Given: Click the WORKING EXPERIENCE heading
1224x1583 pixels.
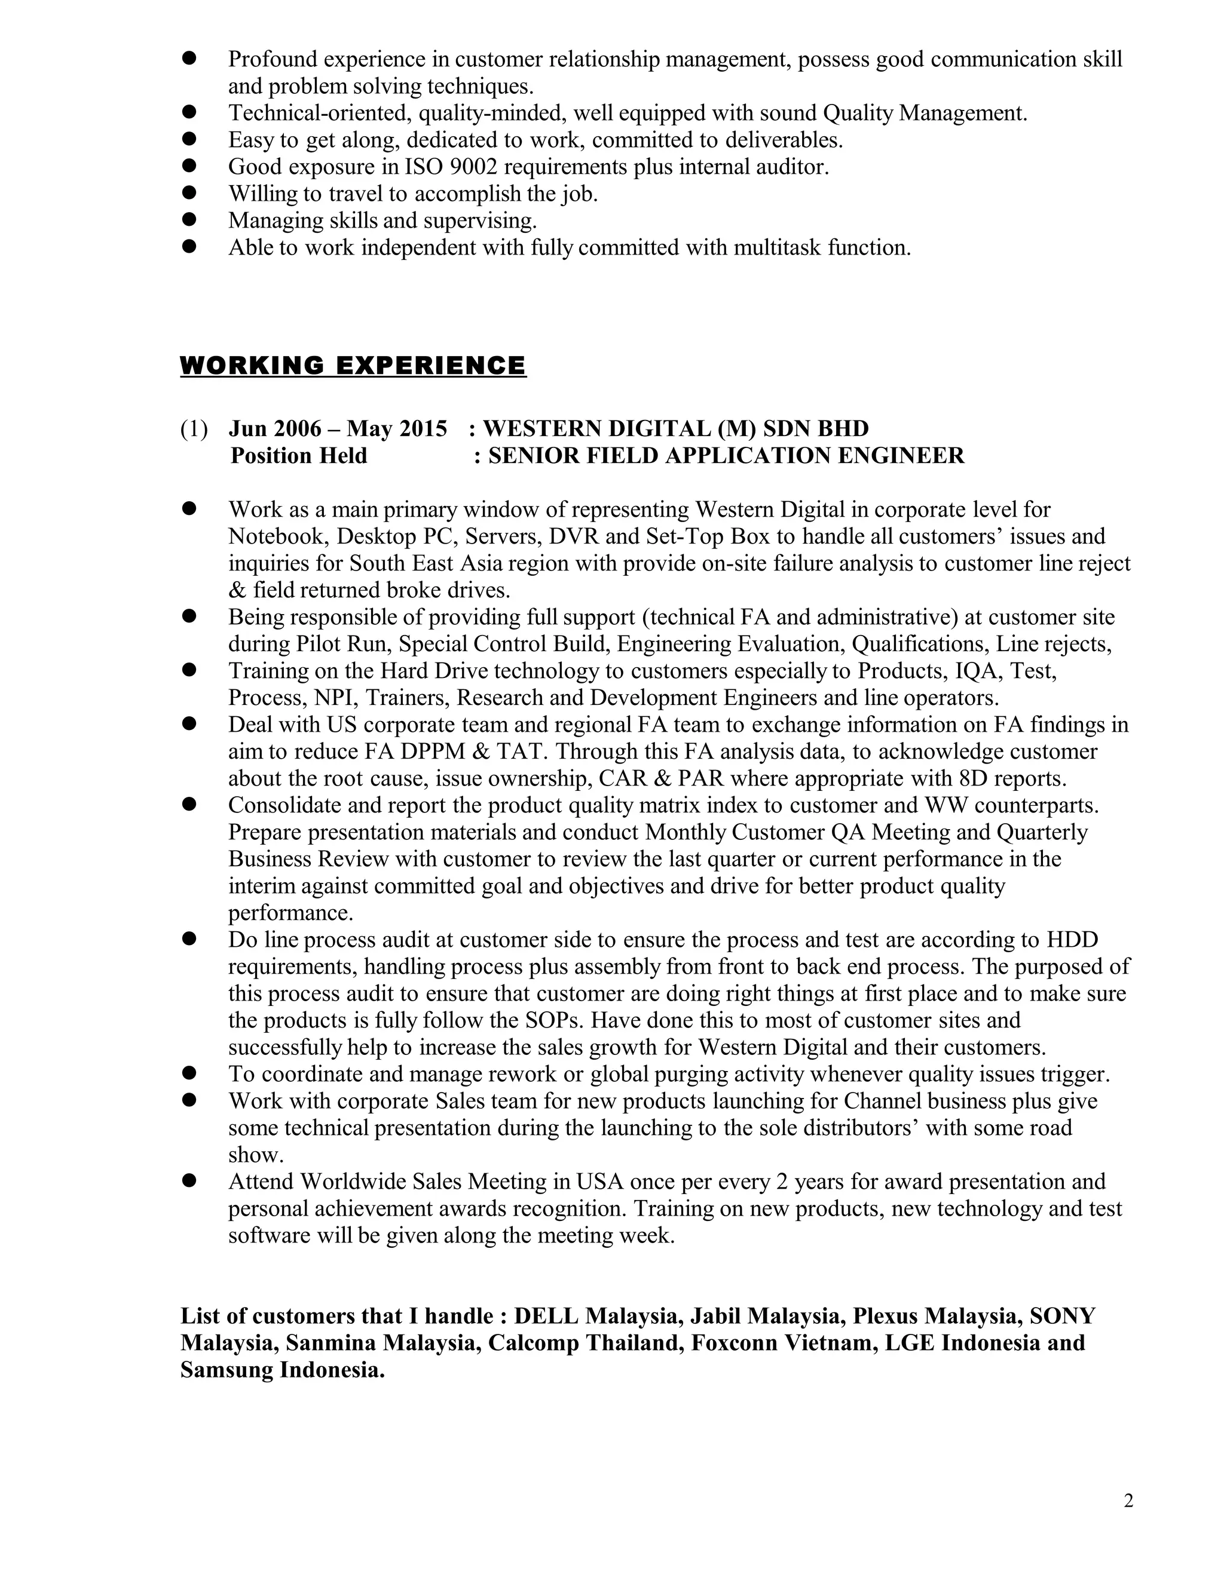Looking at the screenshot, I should tap(353, 366).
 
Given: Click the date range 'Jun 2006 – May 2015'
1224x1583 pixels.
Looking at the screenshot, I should tap(337, 428).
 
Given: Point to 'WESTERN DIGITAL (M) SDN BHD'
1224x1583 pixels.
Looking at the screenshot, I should tap(675, 428).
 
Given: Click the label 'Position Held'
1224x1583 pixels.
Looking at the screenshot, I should tap(299, 455).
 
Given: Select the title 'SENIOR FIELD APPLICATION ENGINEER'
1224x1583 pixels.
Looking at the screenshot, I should tap(726, 455).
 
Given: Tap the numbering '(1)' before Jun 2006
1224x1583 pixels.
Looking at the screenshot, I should tap(194, 428).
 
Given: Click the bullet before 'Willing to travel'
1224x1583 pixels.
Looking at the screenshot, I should tap(189, 193).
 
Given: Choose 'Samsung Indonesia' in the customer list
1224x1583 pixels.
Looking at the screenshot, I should tap(281, 1370).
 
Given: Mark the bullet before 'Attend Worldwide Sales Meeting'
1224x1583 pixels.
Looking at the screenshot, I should tap(189, 1181).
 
